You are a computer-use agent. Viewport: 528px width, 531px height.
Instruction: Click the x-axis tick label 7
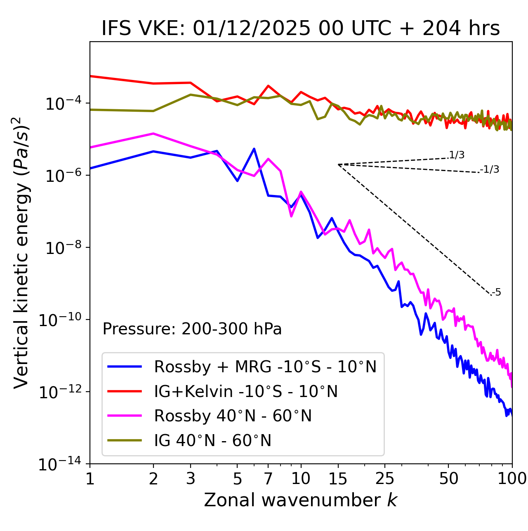coord(268,479)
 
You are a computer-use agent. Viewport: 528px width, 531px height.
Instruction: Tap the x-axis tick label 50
coord(448,479)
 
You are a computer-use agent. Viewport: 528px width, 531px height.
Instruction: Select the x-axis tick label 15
coord(338,479)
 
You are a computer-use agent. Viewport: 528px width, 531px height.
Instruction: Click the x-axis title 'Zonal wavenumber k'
coord(301,500)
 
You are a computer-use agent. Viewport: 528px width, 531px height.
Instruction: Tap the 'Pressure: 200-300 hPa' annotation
coord(192,329)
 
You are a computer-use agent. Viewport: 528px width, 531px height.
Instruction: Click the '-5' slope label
coord(496,292)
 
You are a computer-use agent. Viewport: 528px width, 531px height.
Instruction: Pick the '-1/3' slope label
coord(490,169)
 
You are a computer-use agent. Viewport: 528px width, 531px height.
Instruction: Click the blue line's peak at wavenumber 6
coord(254,148)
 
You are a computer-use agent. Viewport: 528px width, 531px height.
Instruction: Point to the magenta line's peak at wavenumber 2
coord(153,133)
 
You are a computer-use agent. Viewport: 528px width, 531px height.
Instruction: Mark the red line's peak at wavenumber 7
coord(268,86)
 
